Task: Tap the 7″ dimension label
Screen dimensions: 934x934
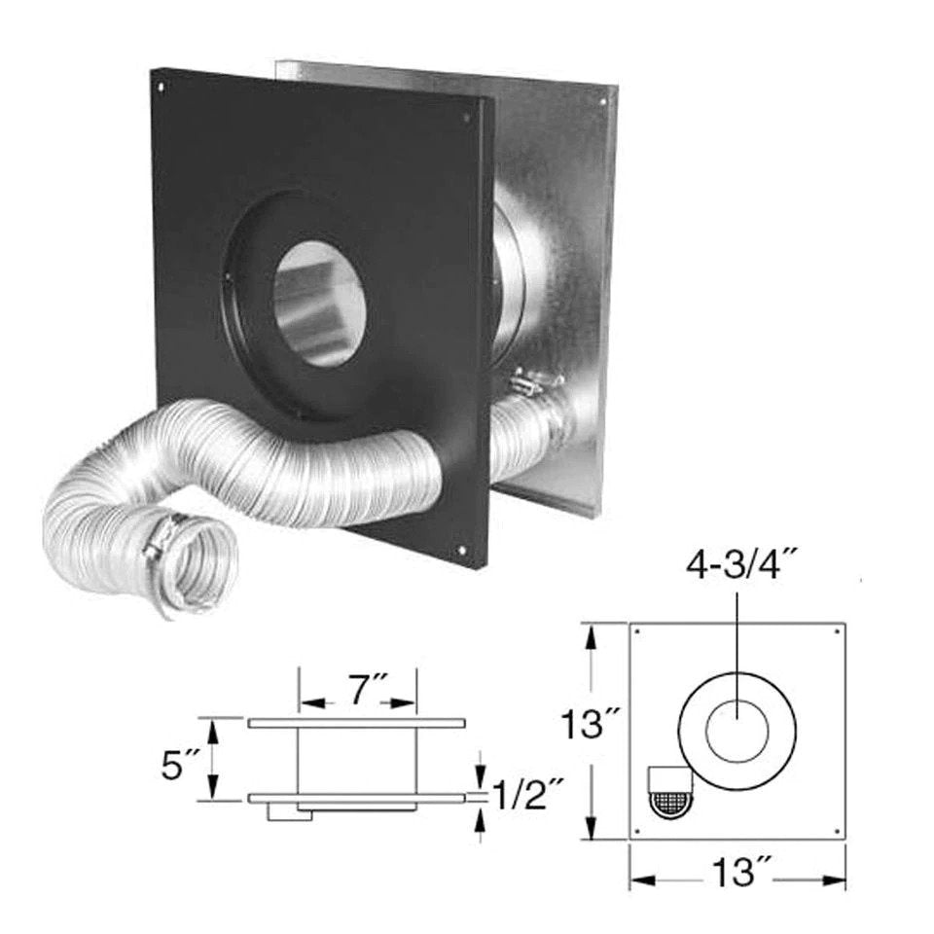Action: pos(359,690)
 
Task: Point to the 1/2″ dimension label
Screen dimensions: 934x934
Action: pos(528,796)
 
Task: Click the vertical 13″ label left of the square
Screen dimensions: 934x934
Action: pos(593,724)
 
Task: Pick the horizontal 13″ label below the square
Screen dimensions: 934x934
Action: pos(737,874)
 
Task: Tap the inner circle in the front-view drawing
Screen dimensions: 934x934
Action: pos(736,731)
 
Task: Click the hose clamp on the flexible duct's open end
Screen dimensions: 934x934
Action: pos(162,540)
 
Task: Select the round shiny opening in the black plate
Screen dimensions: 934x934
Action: pos(319,304)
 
